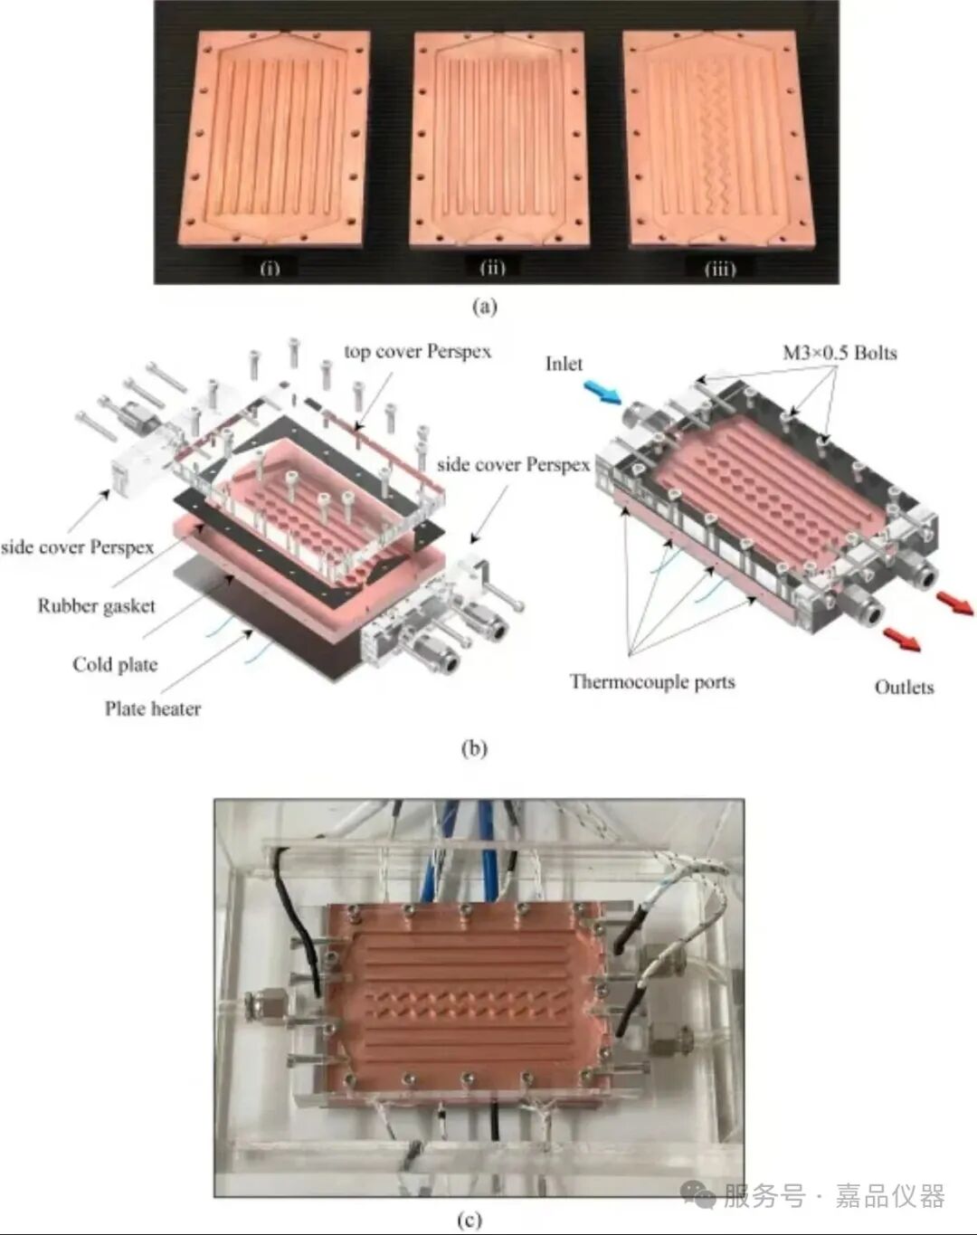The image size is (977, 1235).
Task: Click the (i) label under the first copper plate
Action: click(x=269, y=268)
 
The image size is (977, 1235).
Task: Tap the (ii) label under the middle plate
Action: click(x=492, y=268)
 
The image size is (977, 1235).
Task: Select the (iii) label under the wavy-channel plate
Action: click(x=719, y=269)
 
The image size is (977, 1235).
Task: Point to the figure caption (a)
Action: click(x=484, y=308)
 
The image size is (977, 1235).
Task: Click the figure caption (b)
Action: click(x=475, y=749)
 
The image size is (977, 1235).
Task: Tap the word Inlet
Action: click(x=563, y=364)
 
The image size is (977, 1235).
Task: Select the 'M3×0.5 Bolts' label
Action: click(x=839, y=352)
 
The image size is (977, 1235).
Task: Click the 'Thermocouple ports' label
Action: click(x=652, y=681)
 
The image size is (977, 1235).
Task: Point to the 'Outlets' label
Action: click(x=904, y=687)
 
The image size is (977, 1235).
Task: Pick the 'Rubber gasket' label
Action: click(x=97, y=606)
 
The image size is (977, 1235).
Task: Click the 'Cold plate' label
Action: click(x=115, y=665)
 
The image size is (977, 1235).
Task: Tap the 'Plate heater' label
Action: click(x=153, y=708)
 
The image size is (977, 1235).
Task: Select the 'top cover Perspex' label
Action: click(x=417, y=351)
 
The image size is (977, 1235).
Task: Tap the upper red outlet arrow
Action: click(x=955, y=603)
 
